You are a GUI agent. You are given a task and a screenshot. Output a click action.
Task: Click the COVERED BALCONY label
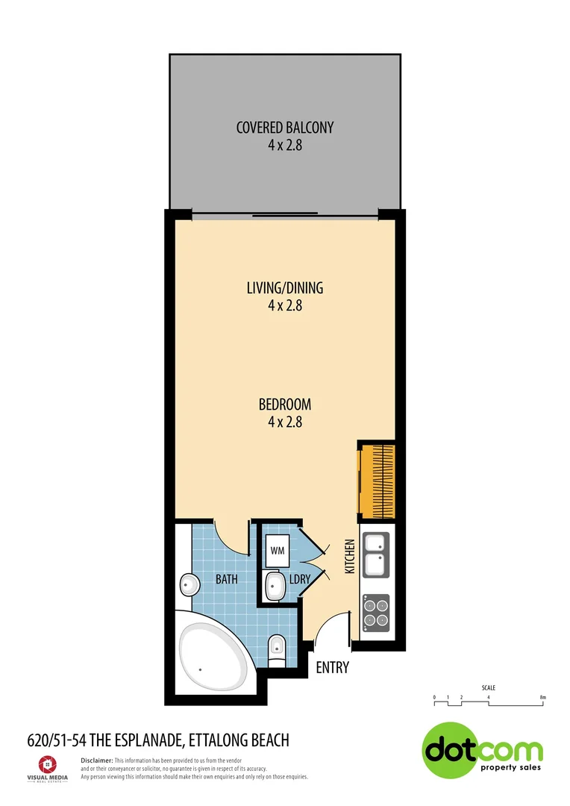coord(284,128)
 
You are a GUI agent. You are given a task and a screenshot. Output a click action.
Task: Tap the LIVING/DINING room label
coord(284,287)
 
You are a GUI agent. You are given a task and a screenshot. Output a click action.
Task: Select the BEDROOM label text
coord(284,404)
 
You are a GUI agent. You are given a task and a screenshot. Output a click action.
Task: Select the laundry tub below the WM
coord(274,587)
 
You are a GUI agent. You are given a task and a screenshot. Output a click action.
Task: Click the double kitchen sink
coord(375,554)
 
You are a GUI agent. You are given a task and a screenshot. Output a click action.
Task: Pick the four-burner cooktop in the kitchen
coord(375,612)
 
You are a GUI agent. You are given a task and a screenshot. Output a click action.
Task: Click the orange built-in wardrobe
coord(377,480)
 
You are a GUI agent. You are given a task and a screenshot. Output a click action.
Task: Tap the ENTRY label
coord(332,667)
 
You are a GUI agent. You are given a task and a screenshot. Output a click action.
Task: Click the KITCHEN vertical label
coord(348,556)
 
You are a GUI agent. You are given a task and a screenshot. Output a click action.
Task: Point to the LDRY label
coord(300,578)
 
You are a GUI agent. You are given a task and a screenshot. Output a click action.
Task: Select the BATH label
coord(226,578)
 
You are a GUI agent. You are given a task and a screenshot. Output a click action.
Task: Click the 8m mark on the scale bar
coord(543,698)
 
